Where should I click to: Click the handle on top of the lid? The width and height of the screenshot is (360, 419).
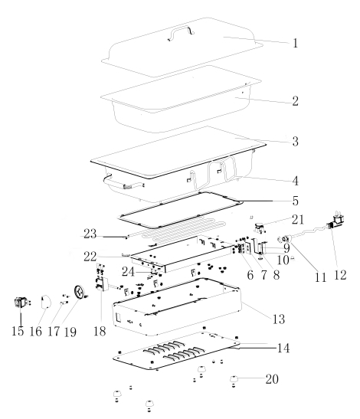181,32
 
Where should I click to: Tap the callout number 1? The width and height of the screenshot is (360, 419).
295,43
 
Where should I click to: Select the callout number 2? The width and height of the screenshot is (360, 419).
295,101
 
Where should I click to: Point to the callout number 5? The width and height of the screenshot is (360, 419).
295,201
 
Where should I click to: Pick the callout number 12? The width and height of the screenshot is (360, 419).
340,275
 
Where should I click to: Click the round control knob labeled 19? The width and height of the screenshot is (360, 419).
79,292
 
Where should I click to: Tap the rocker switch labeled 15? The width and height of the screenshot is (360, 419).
21,303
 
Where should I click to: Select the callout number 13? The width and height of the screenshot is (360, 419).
279,319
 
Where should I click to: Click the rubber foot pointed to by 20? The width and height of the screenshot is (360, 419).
234,379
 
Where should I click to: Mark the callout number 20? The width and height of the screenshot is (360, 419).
272,379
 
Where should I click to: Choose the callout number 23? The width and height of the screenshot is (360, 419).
90,234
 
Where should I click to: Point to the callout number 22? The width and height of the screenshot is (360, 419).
90,257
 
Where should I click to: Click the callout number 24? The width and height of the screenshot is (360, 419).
128,272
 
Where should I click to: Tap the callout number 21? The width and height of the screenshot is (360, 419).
298,220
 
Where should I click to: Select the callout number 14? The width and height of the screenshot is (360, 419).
283,349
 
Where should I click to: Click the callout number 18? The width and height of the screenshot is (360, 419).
100,332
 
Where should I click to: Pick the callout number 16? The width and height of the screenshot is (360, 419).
35,332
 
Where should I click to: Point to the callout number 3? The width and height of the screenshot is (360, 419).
295,142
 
